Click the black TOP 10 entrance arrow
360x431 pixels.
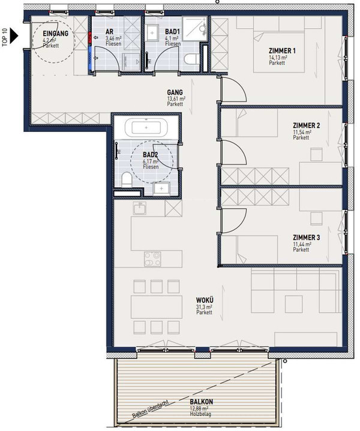(14, 35)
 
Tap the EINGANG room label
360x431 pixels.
(56, 34)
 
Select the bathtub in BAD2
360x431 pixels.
(146, 128)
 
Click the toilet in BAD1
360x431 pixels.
(191, 59)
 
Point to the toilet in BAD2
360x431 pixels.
(127, 179)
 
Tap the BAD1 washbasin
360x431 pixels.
(152, 33)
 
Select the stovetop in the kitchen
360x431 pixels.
(152, 259)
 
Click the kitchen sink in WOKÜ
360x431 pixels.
(140, 208)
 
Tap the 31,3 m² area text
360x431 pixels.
(204, 307)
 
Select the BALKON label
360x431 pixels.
(201, 402)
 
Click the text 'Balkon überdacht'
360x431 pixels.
(150, 409)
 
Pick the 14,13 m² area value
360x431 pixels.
(278, 58)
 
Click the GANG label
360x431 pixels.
(175, 92)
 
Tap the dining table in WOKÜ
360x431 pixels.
(157, 307)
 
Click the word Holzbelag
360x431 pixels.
(200, 414)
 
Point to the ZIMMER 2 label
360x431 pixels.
(307, 126)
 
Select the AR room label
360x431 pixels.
(109, 32)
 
